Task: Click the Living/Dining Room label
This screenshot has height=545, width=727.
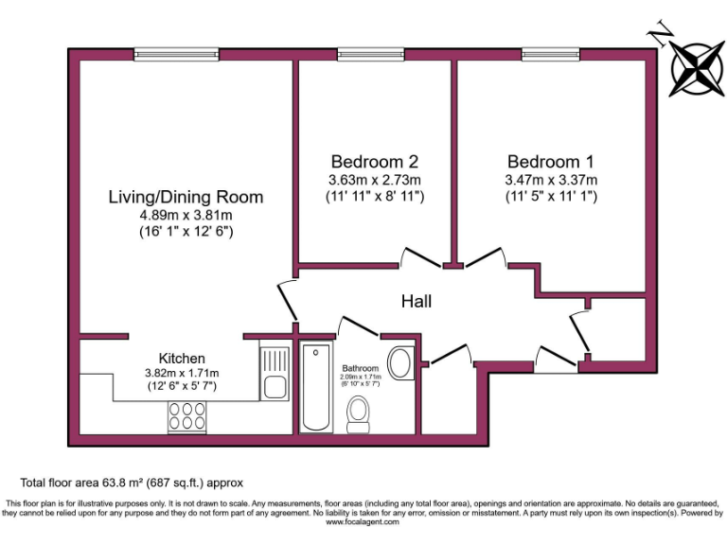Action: [186, 197]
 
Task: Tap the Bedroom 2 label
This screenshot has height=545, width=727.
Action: [375, 161]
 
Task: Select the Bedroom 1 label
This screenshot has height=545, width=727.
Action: [552, 161]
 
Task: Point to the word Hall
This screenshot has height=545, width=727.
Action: [416, 301]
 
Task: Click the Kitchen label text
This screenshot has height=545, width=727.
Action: [182, 358]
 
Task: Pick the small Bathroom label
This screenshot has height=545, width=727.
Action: [361, 368]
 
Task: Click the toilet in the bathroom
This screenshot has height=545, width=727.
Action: [359, 413]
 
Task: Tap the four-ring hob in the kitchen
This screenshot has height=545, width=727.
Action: [187, 416]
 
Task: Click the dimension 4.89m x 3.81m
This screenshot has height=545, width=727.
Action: [186, 215]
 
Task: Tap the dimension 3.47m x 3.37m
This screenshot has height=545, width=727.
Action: [552, 180]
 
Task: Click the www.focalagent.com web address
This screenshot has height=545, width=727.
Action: [363, 521]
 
